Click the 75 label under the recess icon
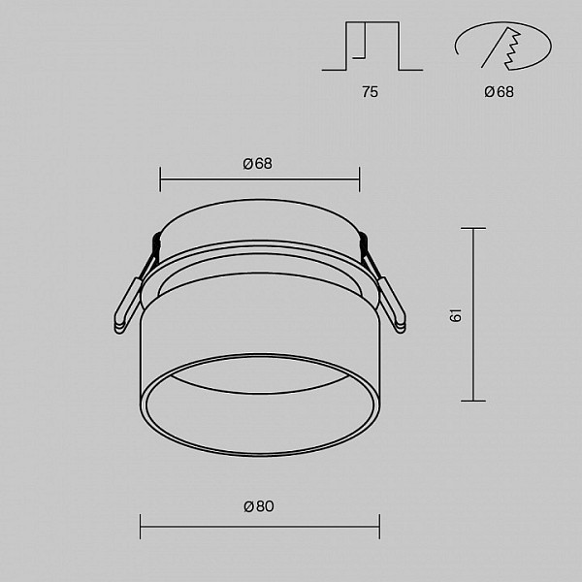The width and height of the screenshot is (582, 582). click(x=371, y=92)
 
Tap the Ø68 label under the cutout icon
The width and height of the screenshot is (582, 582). click(x=499, y=92)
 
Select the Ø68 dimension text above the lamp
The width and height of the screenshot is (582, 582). click(x=257, y=163)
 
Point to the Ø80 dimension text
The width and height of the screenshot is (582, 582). click(x=259, y=506)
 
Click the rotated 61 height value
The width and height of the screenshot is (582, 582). click(x=456, y=314)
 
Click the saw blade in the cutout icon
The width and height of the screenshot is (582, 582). click(x=510, y=49)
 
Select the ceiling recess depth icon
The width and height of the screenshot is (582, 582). click(x=372, y=46)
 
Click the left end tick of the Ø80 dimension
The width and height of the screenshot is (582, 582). click(x=140, y=527)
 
